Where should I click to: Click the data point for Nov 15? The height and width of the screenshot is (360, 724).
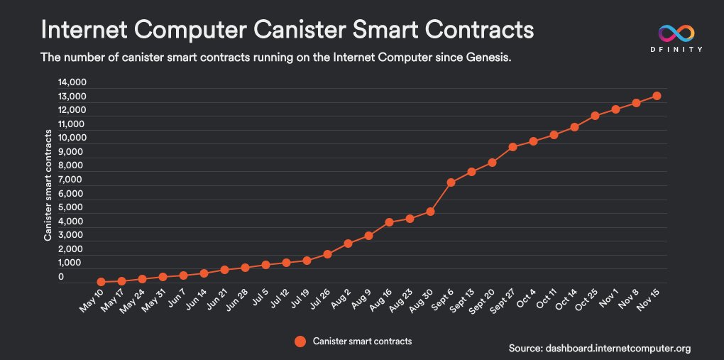[657, 96]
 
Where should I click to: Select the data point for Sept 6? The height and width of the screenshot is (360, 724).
[451, 182]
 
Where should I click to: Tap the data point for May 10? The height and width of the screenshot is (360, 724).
[102, 282]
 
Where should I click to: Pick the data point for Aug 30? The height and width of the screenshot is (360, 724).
[430, 212]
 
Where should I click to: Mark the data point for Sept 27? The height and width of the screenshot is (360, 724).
[512, 147]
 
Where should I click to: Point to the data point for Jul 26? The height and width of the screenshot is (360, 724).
[327, 254]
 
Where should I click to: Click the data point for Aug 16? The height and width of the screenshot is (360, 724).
[389, 222]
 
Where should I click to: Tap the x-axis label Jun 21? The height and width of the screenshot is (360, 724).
[218, 306]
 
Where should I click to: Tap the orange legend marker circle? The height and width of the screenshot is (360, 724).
[300, 342]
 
